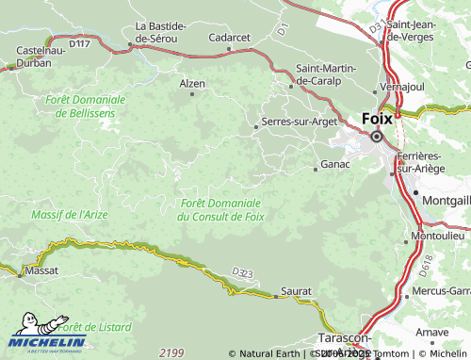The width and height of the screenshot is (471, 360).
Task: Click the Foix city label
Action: pyautogui.click(x=377, y=120)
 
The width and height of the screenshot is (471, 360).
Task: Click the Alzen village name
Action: pyautogui.click(x=191, y=83)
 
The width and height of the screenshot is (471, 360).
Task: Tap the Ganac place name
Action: pyautogui.click(x=335, y=164)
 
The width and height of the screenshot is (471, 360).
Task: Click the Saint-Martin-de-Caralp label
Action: pyautogui.click(x=331, y=74)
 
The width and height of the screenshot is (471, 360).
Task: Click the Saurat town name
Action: pyautogui.click(x=296, y=293)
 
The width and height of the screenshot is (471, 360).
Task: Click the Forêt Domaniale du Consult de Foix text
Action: pyautogui.click(x=220, y=209)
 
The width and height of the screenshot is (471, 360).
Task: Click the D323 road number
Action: pyautogui.click(x=243, y=273)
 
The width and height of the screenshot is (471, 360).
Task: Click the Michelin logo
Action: pyautogui.click(x=47, y=331)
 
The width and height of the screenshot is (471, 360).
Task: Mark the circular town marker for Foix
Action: pyautogui.click(x=376, y=137)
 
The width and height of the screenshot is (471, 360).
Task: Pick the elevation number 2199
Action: pyautogui.click(x=171, y=352)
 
